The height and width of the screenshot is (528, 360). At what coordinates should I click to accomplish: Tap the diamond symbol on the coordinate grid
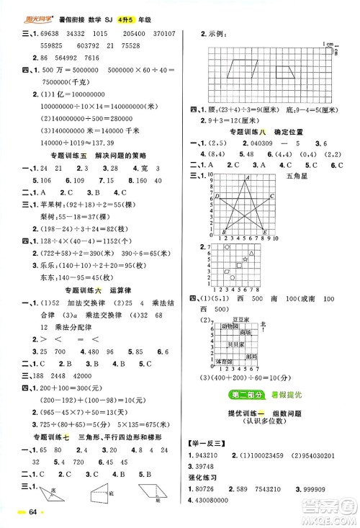(227, 248)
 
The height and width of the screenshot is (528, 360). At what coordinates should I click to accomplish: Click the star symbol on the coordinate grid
(245, 259)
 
